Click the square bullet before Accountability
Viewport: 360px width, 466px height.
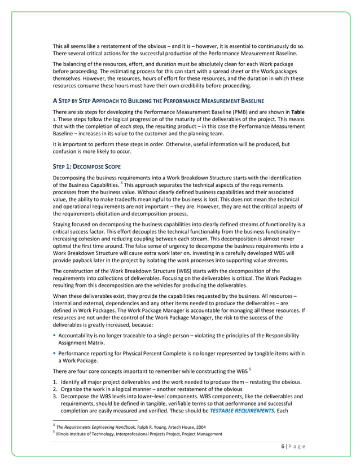click(x=55, y=335)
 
